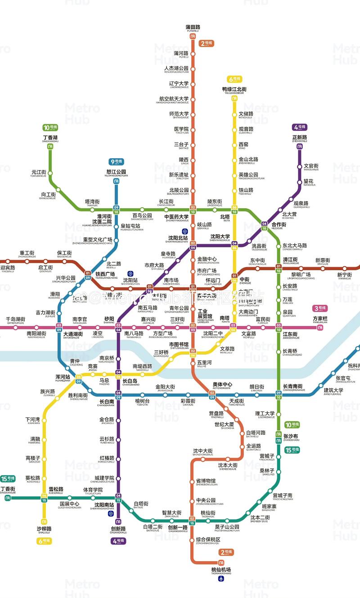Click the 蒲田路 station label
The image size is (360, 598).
pyautogui.click(x=193, y=27)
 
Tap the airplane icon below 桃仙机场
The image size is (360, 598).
pyautogui.click(x=221, y=579)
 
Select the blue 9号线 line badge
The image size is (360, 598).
pyautogui.click(x=117, y=161)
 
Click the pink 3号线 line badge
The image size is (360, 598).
pyautogui.click(x=320, y=308)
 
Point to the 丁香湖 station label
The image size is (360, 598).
pyautogui.click(x=50, y=138)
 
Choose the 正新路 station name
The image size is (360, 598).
pyautogui.click(x=299, y=137)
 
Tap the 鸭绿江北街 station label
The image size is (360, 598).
pyautogui.click(x=234, y=89)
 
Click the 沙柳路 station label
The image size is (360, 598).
pyautogui.click(x=44, y=529)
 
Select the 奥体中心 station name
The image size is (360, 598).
pyautogui.click(x=222, y=385)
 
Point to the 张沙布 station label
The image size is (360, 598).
pyautogui.click(x=291, y=436)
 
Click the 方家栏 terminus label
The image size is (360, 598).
pyautogui.click(x=320, y=319)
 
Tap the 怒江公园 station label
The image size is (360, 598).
pyautogui.click(x=116, y=172)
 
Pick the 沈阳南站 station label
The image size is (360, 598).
pyautogui.click(x=104, y=505)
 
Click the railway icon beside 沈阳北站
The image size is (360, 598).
pyautogui.click(x=184, y=232)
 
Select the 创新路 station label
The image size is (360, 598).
pyautogui.click(x=118, y=529)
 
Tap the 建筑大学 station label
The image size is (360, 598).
pyautogui.click(x=333, y=390)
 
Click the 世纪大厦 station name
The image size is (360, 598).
pyautogui.click(x=224, y=424)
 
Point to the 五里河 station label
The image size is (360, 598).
pyautogui.click(x=204, y=362)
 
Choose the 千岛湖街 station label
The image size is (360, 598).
pyautogui.click(x=15, y=319)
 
